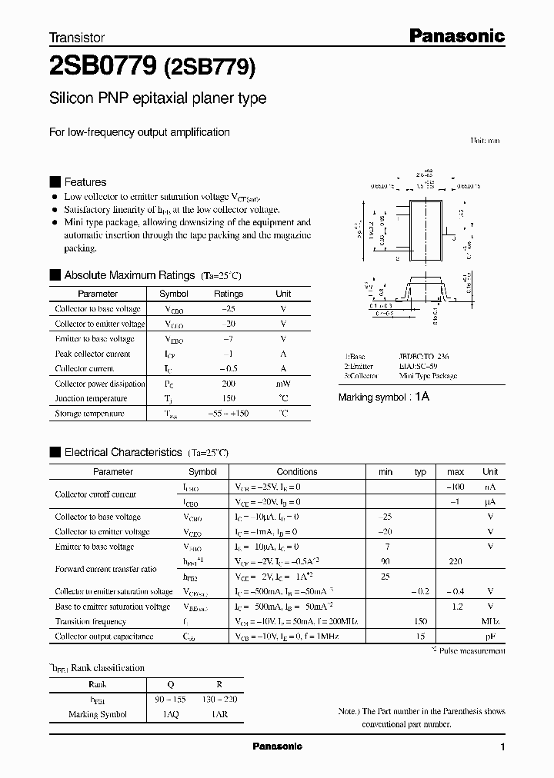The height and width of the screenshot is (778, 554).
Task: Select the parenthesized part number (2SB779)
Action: pyautogui.click(x=209, y=68)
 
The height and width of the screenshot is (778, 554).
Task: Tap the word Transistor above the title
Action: pyautogui.click(x=77, y=37)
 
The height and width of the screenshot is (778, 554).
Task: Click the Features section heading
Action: pyautogui.click(x=85, y=182)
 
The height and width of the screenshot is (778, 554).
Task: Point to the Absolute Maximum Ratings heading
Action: pyautogui.click(x=128, y=274)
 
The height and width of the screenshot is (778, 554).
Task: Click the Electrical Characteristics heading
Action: pyautogui.click(x=122, y=453)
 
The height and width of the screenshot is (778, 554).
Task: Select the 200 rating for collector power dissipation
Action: pyautogui.click(x=228, y=384)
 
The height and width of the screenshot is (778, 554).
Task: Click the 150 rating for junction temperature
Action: pyautogui.click(x=228, y=398)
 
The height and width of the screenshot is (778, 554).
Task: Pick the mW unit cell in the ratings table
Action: pyautogui.click(x=283, y=384)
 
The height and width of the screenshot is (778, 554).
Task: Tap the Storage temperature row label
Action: pyautogui.click(x=89, y=414)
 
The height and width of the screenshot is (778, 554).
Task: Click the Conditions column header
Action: pyautogui.click(x=296, y=472)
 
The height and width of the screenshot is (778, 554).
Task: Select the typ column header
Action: pyautogui.click(x=420, y=472)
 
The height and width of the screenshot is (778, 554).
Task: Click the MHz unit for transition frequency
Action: pyautogui.click(x=490, y=621)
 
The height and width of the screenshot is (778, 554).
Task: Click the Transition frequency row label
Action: pyautogui.click(x=90, y=621)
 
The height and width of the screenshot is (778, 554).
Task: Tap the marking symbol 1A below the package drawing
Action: pyautogui.click(x=422, y=397)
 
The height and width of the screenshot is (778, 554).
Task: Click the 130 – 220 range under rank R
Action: pyautogui.click(x=220, y=700)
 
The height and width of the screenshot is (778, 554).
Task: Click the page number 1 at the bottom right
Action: pyautogui.click(x=502, y=747)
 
